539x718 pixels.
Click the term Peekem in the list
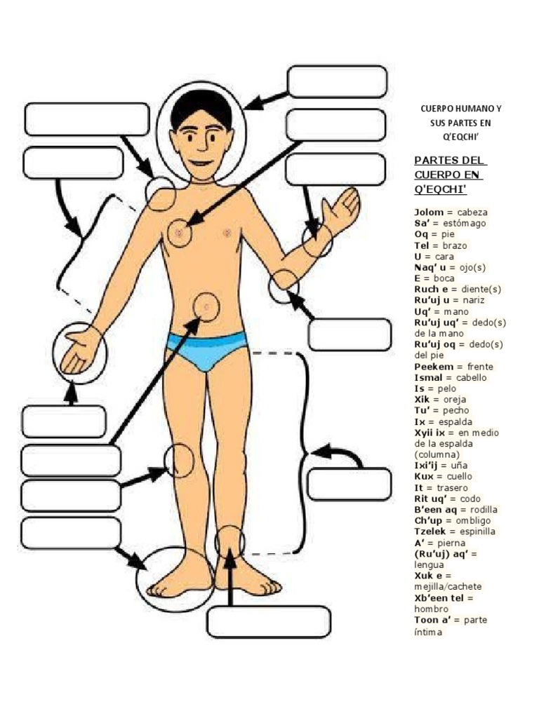click(x=432, y=367)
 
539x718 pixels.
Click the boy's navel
click(x=207, y=306)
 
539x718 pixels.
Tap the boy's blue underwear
click(x=207, y=351)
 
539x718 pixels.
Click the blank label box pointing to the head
click(x=337, y=81)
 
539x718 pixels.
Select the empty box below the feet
click(x=269, y=621)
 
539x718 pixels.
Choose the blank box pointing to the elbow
click(x=350, y=334)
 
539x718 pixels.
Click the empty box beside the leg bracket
click(x=349, y=485)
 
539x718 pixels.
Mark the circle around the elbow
click(x=284, y=286)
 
